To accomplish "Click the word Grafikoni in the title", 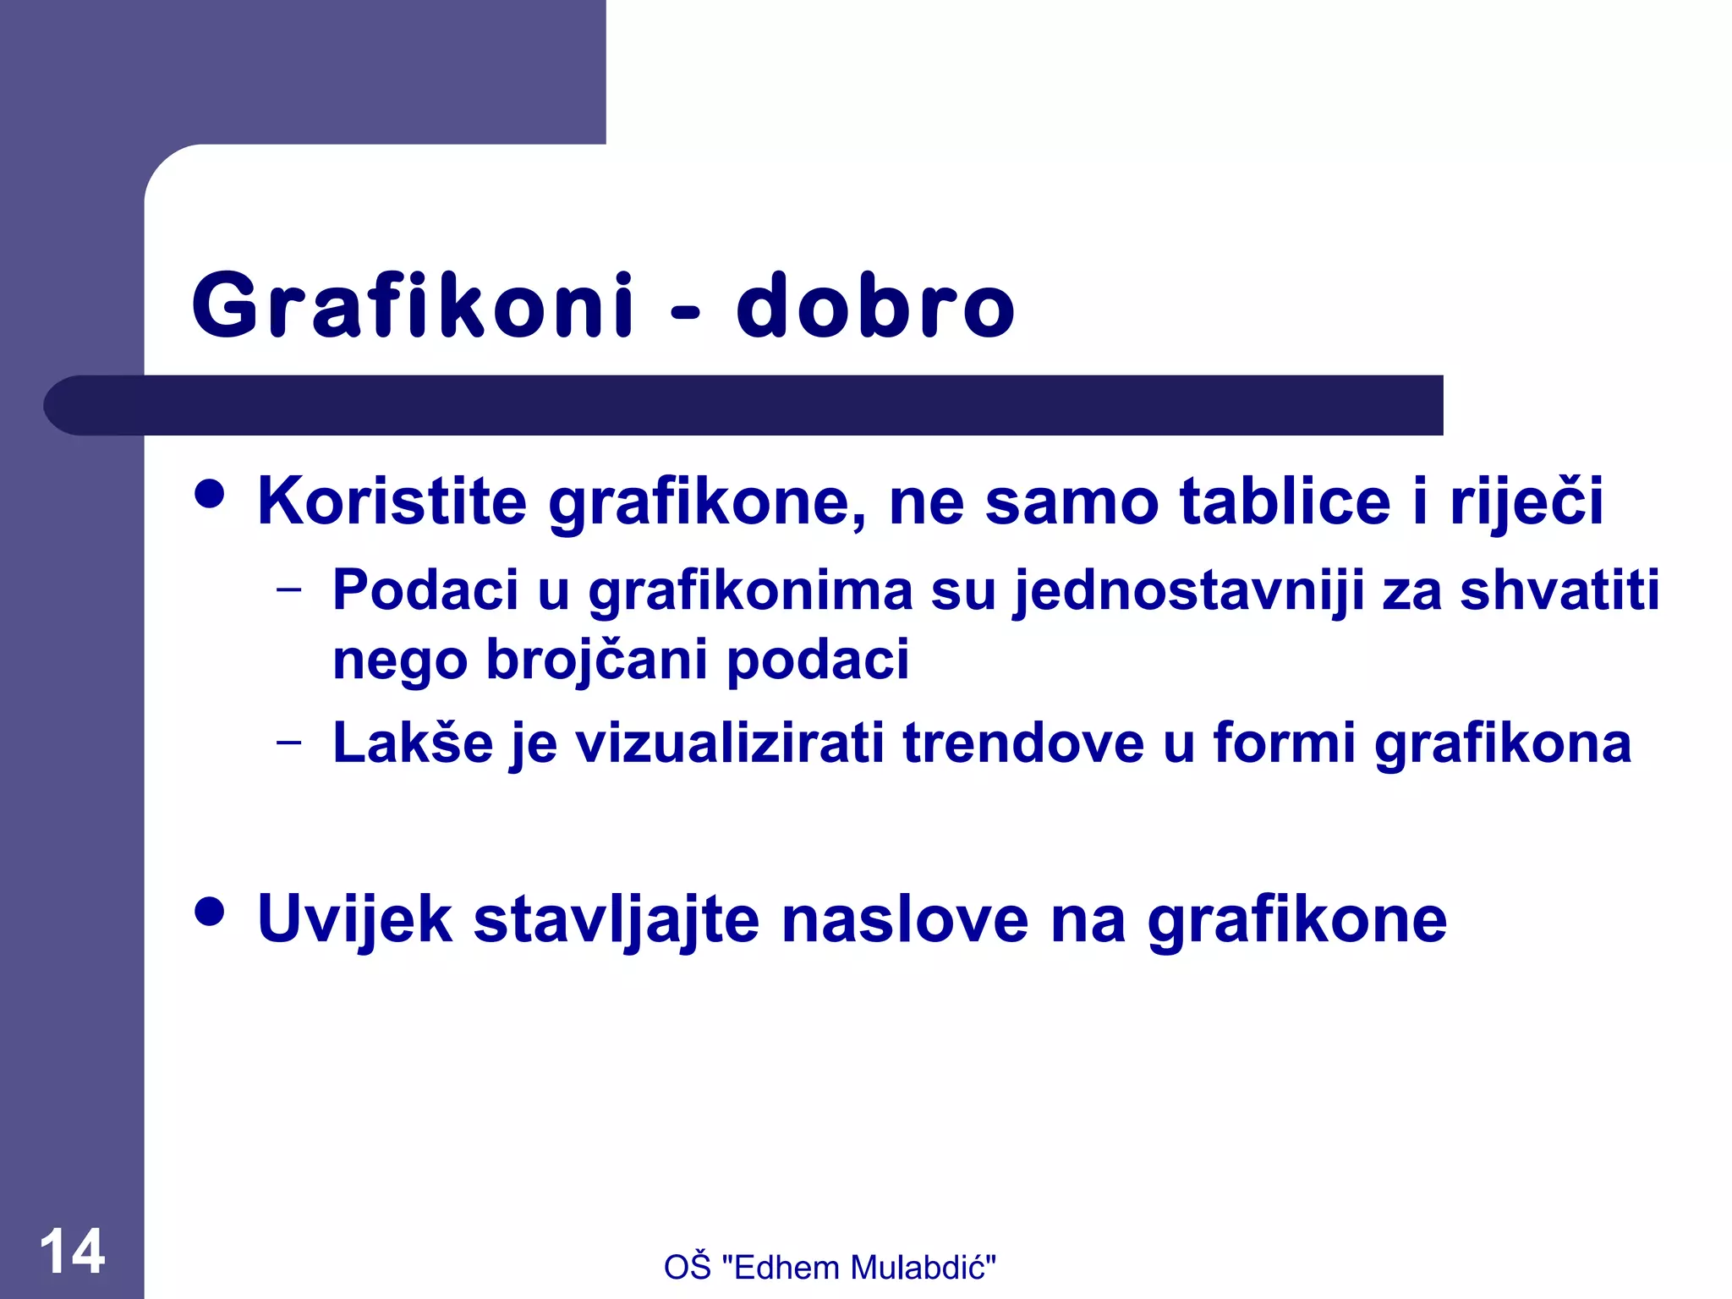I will tap(414, 305).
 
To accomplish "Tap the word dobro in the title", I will tap(875, 305).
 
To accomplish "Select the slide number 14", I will tap(73, 1251).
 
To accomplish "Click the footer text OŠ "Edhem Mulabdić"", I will tap(830, 1267).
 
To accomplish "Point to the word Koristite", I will tap(392, 501).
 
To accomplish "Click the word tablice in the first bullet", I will tap(1285, 501).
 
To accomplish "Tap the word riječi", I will tap(1526, 501).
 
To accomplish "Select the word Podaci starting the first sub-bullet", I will tap(425, 589).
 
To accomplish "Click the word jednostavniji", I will tap(1189, 591).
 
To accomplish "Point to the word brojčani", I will tap(596, 660).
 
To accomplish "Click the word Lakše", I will tap(413, 743).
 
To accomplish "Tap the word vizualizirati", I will tap(729, 743).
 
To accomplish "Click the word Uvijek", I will tap(354, 919).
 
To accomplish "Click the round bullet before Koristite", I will tap(209, 494).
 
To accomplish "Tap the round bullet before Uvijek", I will tap(209, 912).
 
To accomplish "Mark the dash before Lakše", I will tap(289, 743).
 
